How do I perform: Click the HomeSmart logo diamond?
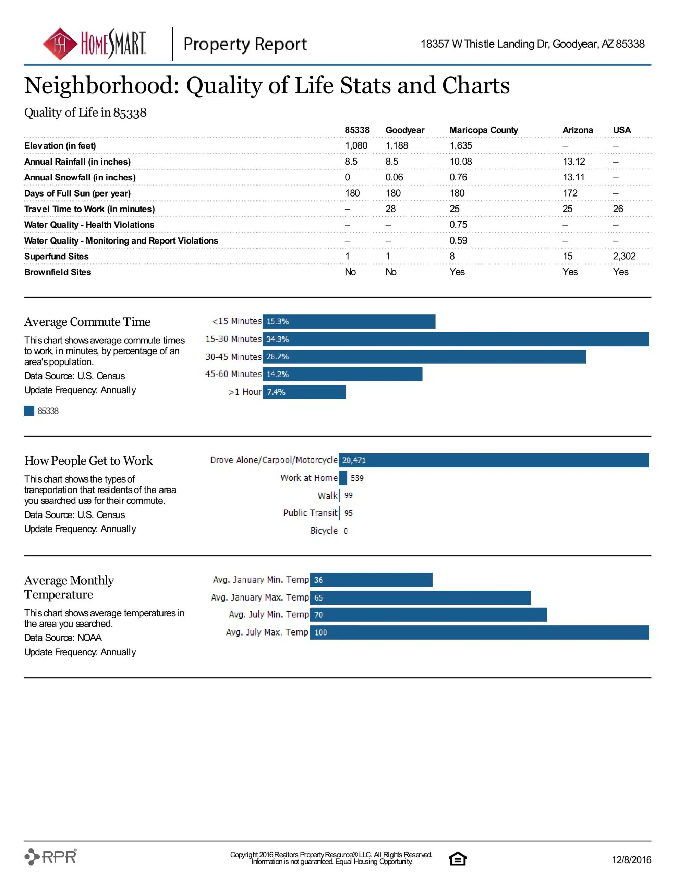60,44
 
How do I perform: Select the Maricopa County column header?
484,130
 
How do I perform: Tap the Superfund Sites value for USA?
624,256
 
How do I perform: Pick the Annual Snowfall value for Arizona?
573,177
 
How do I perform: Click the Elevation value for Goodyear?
397,145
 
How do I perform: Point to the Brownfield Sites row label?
58,272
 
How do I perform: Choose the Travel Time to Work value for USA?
618,209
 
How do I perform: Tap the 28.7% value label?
277,357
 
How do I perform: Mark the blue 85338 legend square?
29,411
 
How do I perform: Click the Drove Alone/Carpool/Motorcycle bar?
494,460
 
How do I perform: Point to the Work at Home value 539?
357,478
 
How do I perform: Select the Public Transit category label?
310,513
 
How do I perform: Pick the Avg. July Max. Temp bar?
480,632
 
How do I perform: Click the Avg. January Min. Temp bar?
371,580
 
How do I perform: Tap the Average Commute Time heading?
87,322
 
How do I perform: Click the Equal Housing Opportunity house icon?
457,858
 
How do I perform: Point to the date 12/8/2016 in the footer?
631,859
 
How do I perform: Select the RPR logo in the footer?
51,856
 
